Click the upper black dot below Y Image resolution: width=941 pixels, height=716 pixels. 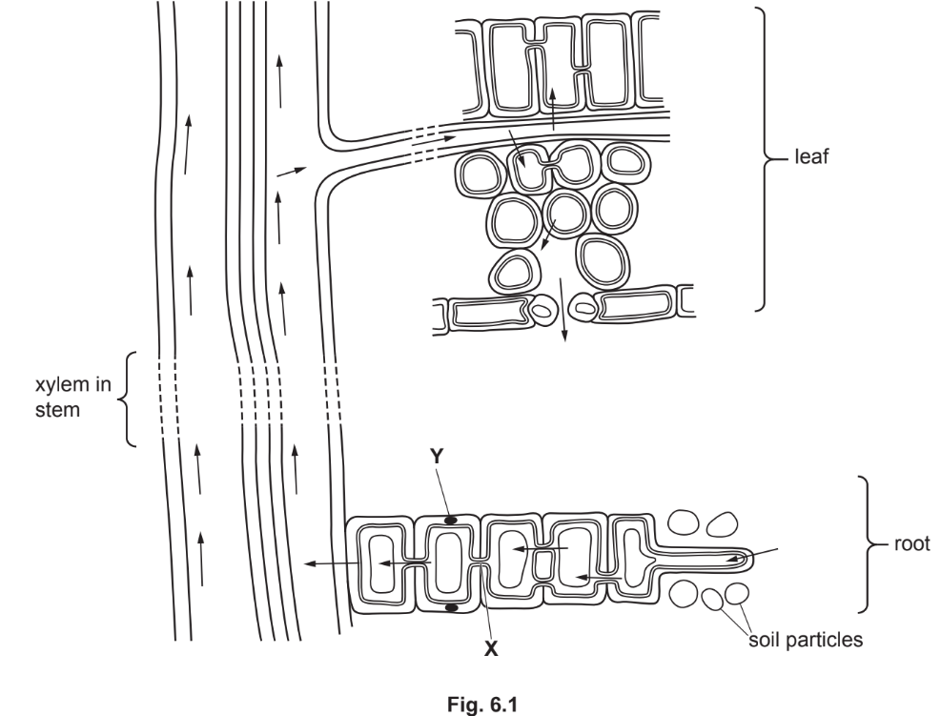coord(452,521)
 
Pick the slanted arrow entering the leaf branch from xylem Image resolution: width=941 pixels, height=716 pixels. coord(292,172)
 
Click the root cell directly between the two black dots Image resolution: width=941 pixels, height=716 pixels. coord(451,563)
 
